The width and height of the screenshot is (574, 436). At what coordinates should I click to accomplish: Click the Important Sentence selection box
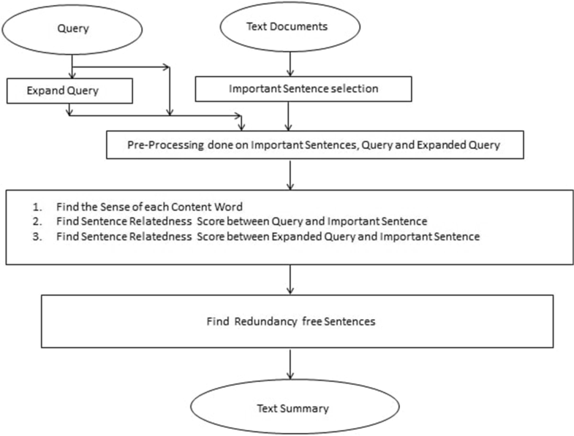pyautogui.click(x=292, y=88)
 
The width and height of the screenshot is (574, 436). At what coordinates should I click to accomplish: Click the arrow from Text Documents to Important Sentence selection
pyautogui.click(x=292, y=64)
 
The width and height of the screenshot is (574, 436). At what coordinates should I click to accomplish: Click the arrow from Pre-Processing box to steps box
pyautogui.click(x=292, y=174)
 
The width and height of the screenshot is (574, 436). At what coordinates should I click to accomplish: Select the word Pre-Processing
pyautogui.click(x=155, y=145)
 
